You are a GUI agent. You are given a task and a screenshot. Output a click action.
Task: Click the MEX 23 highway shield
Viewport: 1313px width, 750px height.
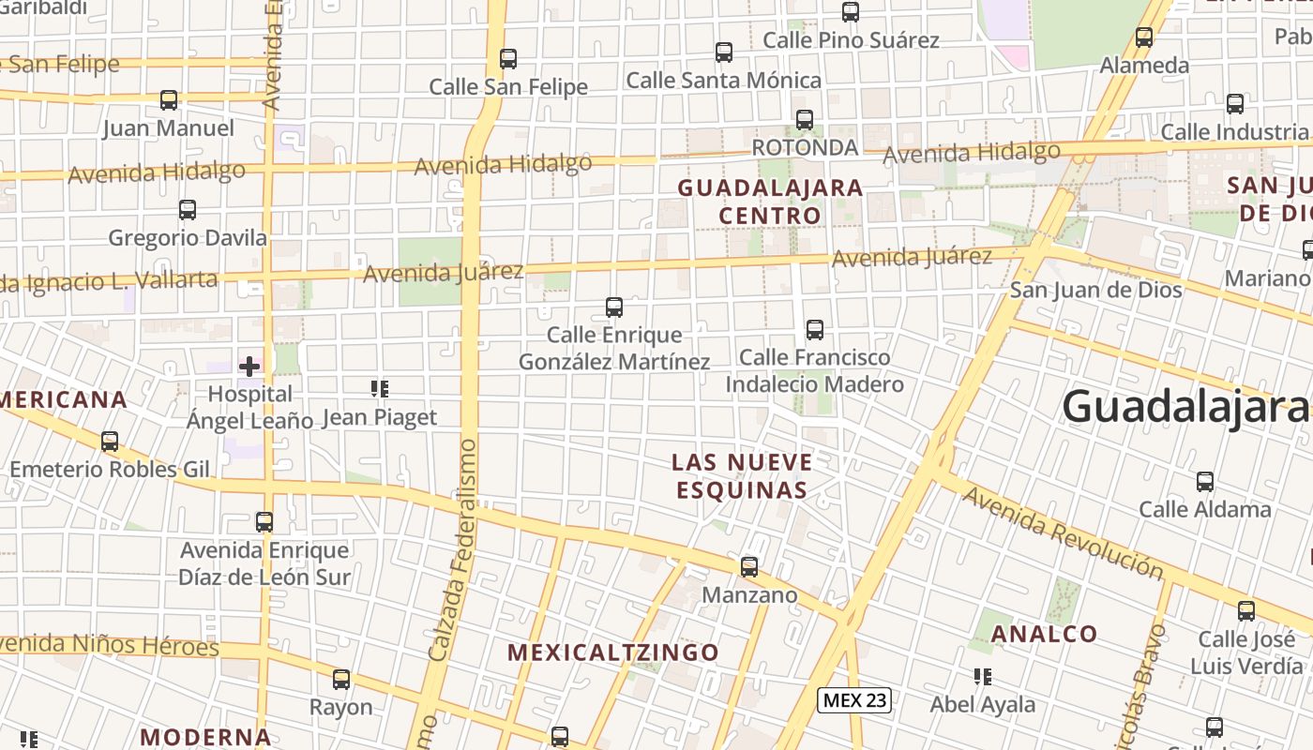click(x=853, y=699)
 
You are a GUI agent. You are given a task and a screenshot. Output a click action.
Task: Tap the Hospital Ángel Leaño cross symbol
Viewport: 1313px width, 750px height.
click(x=249, y=367)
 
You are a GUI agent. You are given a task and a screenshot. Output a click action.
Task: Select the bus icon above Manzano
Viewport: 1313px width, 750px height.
click(x=748, y=567)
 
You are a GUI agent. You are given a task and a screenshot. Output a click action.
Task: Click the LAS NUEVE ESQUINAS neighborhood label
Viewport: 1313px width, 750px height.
click(x=741, y=475)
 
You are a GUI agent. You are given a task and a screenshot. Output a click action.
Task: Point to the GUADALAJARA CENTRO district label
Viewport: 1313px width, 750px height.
click(x=770, y=202)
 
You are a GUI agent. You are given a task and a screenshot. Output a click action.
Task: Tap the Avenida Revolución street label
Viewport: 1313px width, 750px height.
click(x=1062, y=532)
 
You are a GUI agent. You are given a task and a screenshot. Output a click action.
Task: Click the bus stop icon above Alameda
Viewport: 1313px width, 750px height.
click(x=1144, y=37)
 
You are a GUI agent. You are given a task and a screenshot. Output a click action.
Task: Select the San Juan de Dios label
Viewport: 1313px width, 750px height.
click(x=1095, y=290)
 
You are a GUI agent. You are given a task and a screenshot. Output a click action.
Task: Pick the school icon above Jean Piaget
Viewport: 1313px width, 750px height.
click(x=380, y=389)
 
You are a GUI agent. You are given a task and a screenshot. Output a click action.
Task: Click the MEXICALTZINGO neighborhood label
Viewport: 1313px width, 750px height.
click(x=613, y=652)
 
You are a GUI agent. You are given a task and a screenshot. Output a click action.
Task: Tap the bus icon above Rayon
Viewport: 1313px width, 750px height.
click(x=341, y=680)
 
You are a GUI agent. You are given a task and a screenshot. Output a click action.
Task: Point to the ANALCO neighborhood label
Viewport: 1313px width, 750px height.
click(x=1044, y=634)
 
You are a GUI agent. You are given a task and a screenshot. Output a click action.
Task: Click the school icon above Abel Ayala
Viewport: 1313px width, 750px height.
click(x=983, y=677)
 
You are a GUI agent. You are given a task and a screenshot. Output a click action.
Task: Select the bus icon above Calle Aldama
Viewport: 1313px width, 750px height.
click(x=1205, y=482)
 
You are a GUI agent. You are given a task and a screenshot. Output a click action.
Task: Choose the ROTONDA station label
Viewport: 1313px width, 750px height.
click(x=805, y=147)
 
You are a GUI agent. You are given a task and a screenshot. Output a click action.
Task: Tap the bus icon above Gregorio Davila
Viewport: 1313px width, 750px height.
click(x=188, y=210)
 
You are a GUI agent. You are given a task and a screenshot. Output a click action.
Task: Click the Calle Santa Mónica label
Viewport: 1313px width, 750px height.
click(x=723, y=81)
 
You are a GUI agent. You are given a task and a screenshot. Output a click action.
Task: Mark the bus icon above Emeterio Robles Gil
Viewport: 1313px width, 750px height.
click(x=110, y=442)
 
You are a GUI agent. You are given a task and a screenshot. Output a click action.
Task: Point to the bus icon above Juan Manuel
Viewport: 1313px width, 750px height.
click(x=169, y=100)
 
